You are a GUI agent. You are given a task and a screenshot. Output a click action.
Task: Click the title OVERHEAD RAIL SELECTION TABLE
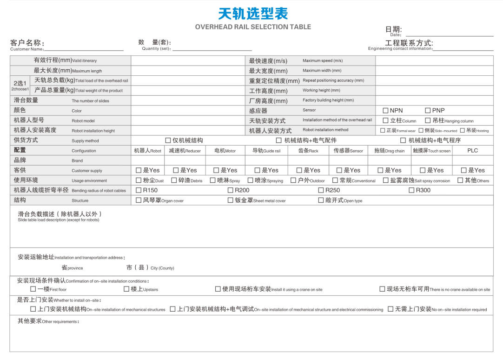pos(253,27)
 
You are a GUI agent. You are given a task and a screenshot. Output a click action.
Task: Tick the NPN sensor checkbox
pos(385,111)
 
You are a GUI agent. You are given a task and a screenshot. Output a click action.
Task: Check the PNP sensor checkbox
pos(428,111)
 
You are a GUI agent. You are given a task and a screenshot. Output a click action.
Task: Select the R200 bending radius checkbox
pos(230,190)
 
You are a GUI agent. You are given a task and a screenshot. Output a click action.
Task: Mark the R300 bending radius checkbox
pos(411,190)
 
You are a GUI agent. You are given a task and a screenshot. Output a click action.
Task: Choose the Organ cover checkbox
pos(139,200)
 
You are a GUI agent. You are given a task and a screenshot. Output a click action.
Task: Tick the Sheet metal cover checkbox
pos(230,200)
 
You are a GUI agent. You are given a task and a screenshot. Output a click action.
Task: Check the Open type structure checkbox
pos(321,200)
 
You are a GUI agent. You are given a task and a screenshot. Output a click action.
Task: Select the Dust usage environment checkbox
pos(139,180)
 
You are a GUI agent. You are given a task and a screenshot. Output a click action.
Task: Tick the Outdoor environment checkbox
pos(293,180)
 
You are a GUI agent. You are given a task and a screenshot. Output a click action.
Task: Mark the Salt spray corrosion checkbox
pos(385,180)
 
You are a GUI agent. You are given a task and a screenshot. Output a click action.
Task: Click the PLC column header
pos(472,151)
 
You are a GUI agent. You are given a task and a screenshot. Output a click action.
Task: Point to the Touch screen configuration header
pos(431,151)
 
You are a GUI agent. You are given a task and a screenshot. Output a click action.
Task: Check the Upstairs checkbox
pos(126,289)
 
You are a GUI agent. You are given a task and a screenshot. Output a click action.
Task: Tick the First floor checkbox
pos(33,289)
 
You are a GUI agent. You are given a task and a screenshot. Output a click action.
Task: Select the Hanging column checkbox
pos(428,120)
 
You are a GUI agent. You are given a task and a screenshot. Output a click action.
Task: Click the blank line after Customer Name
pos(84,49)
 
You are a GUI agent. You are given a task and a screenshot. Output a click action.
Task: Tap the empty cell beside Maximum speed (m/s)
pos(434,61)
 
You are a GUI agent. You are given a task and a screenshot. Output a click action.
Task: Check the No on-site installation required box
pos(390,309)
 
